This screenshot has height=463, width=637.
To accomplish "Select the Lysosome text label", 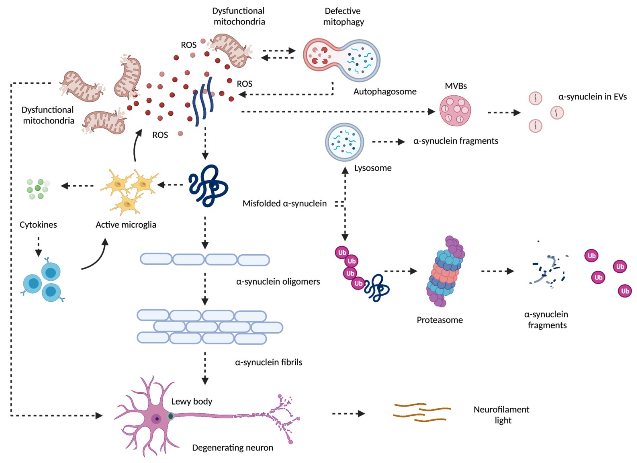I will (x=373, y=168).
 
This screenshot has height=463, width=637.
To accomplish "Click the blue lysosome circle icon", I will (x=344, y=142).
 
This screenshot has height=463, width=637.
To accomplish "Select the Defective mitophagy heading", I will (x=343, y=16).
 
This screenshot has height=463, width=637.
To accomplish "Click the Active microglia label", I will (x=126, y=225).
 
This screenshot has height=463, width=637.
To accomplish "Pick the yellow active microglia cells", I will (x=129, y=191).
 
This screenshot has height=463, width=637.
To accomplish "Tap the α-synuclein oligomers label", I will (x=278, y=282).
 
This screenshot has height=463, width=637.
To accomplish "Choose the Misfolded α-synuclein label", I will (x=285, y=203).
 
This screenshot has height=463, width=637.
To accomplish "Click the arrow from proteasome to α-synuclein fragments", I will (x=497, y=271).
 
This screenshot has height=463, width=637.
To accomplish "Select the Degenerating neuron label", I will (x=233, y=448).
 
